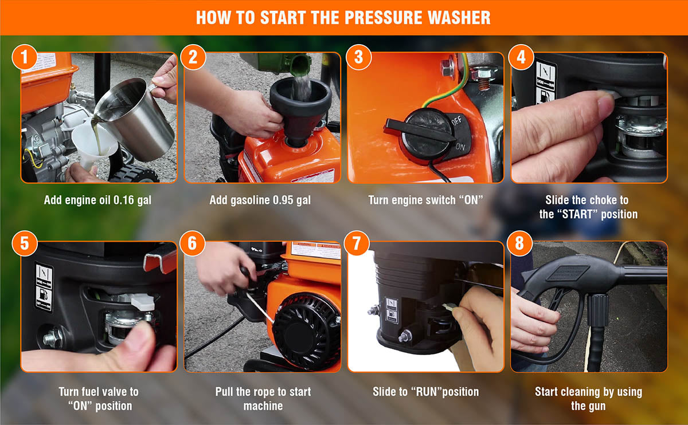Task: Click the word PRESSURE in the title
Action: click(384, 18)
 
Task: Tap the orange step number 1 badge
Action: click(25, 57)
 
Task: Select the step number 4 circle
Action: click(521, 57)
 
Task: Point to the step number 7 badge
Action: click(357, 243)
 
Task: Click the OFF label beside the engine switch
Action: click(456, 121)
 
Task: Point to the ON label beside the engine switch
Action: click(460, 147)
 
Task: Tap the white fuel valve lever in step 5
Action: click(143, 302)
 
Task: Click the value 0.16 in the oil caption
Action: click(123, 200)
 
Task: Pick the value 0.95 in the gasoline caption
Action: click(284, 200)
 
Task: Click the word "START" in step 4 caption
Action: click(577, 214)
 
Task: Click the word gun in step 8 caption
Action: click(597, 406)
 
